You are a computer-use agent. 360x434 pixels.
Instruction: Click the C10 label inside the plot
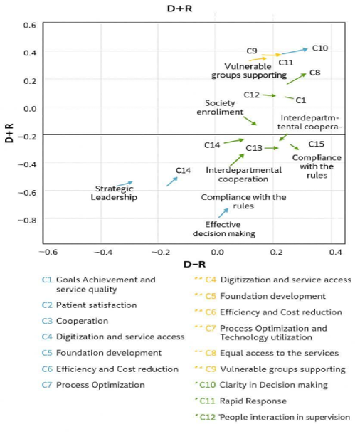pyautogui.click(x=320, y=48)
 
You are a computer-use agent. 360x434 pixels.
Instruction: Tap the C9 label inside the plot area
pyautogui.click(x=252, y=51)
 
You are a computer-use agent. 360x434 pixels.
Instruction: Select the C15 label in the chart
pyautogui.click(x=317, y=144)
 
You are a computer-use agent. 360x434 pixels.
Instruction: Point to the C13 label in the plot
pyautogui.click(x=254, y=148)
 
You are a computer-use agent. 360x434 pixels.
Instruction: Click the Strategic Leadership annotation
pyautogui.click(x=114, y=193)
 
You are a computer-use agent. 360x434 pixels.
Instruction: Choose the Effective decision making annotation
pyautogui.click(x=224, y=229)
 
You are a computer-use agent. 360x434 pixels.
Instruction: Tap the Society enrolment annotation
pyautogui.click(x=220, y=107)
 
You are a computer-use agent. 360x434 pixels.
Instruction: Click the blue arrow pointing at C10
pyautogui.click(x=294, y=51)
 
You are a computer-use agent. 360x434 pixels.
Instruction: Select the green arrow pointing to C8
pyautogui.click(x=297, y=78)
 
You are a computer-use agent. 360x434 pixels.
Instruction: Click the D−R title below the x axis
pyautogui.click(x=194, y=265)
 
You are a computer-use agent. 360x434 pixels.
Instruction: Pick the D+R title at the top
pyautogui.click(x=179, y=9)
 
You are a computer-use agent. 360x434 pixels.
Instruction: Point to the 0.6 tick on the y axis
pyautogui.click(x=30, y=25)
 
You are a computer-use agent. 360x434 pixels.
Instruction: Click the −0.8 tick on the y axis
pyautogui.click(x=27, y=221)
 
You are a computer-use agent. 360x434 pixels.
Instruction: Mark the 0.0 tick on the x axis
pyautogui.click(x=218, y=252)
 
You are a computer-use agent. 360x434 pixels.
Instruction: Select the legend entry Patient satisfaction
pyautogui.click(x=89, y=305)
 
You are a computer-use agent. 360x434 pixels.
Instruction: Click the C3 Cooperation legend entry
pyautogui.click(x=75, y=321)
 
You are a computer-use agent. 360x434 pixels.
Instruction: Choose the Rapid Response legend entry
pyautogui.click(x=240, y=401)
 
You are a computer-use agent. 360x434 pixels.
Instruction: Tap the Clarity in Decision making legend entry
pyautogui.click(x=261, y=385)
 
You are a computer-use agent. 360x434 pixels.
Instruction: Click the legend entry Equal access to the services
pyautogui.click(x=267, y=353)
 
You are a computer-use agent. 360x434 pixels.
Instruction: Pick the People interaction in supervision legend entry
pyautogui.click(x=272, y=417)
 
